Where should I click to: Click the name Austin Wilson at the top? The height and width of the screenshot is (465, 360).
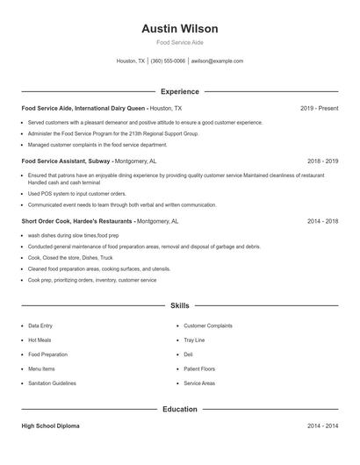click(x=179, y=29)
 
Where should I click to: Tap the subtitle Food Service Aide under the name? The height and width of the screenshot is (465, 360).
click(x=179, y=43)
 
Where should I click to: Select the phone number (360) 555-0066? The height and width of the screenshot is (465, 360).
click(x=168, y=61)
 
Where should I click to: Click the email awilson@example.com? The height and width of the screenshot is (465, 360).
click(x=217, y=61)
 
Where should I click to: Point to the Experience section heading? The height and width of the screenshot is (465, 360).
click(x=179, y=91)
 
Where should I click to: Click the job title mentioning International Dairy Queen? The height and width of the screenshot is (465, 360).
click(x=84, y=108)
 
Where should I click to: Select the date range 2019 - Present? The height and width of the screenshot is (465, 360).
click(x=319, y=108)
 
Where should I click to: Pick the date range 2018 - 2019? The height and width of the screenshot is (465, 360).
click(x=322, y=161)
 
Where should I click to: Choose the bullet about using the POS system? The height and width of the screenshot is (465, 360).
click(x=77, y=193)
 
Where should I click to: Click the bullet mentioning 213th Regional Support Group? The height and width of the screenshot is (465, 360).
click(x=113, y=134)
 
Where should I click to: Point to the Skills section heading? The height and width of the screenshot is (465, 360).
click(x=179, y=305)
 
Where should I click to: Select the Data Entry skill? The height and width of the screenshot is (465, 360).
click(x=40, y=325)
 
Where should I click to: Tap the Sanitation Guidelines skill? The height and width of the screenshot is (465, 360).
click(x=52, y=383)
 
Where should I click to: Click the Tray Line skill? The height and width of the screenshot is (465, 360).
click(x=194, y=340)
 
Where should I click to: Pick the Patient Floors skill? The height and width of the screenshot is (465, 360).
click(x=199, y=368)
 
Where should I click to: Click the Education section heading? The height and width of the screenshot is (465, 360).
click(x=179, y=409)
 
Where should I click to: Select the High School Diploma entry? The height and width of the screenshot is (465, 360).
click(x=50, y=426)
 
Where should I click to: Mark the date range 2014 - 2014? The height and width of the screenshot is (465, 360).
click(x=322, y=426)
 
